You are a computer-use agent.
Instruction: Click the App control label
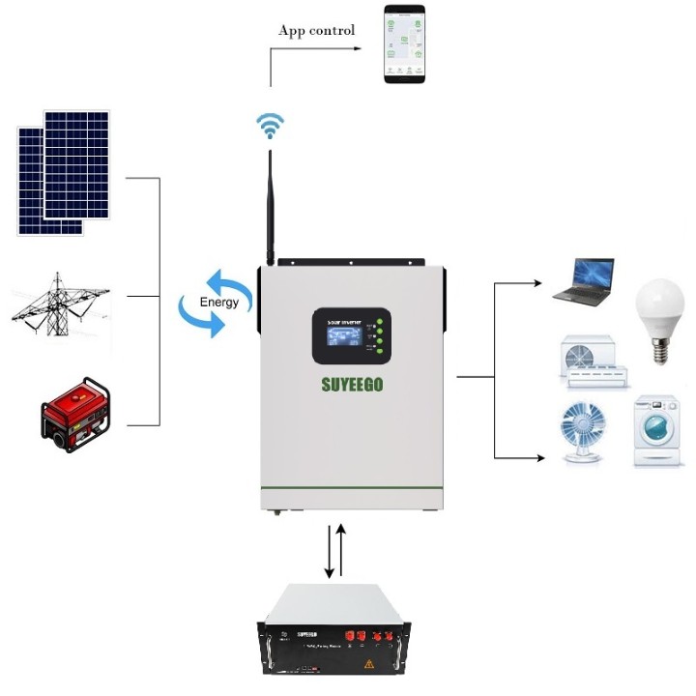point(316,30)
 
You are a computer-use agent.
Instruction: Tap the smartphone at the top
point(404,43)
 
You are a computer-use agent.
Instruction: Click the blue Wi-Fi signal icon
point(270,126)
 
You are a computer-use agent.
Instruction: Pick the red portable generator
point(75,411)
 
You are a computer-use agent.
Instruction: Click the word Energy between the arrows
point(218,303)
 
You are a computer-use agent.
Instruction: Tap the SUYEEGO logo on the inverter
point(352,384)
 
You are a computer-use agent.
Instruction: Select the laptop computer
point(584,281)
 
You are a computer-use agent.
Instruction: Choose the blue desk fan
point(585,431)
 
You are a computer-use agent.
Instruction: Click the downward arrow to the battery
point(330,552)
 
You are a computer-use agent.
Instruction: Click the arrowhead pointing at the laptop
point(537,283)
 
